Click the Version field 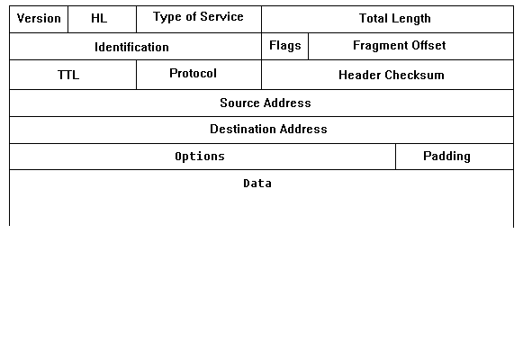coord(39,19)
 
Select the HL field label coord(99,18)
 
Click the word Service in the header coord(221,17)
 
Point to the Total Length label coord(395,19)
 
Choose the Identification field coord(131,47)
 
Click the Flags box coord(285,46)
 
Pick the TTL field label coord(68,75)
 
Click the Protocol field coord(194,73)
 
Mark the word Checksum coord(415,75)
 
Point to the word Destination coord(243,129)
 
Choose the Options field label coord(200,157)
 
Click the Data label coord(257,184)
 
